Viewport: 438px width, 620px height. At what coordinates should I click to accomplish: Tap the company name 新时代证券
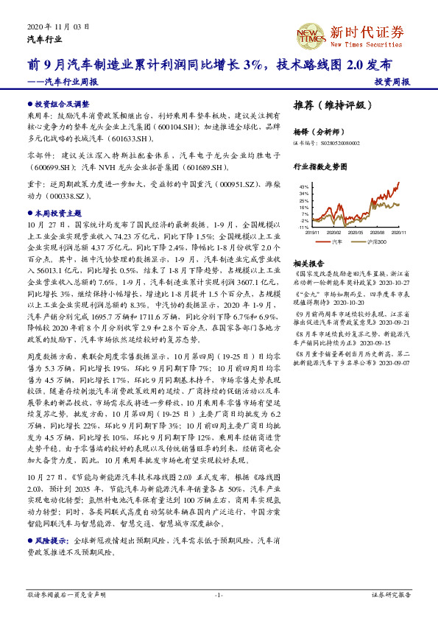click(367, 32)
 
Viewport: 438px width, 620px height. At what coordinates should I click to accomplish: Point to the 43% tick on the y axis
click(304, 188)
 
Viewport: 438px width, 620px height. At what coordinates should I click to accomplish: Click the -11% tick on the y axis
click(303, 228)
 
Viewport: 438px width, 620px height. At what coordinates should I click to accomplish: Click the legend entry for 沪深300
click(376, 241)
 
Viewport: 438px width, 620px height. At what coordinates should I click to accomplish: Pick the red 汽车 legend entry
click(335, 241)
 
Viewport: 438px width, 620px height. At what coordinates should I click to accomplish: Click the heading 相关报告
click(309, 263)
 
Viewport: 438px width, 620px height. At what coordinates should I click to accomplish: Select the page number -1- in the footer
click(219, 594)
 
